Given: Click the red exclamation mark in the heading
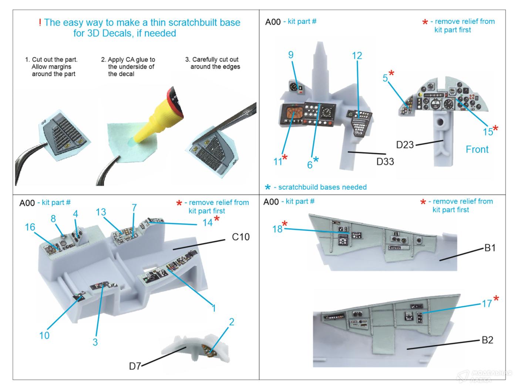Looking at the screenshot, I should click(40, 23).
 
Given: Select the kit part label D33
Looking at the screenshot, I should click(385, 162).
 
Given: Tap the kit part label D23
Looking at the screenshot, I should click(405, 144).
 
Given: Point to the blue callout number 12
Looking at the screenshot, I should click(357, 56).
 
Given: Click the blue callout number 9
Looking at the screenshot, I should click(291, 55).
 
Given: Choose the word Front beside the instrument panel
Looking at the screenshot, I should click(477, 149).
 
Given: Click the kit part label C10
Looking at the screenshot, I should click(240, 237).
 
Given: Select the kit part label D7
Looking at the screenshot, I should click(135, 366).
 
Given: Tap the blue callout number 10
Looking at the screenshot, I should click(44, 335).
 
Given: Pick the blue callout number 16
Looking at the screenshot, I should click(30, 227).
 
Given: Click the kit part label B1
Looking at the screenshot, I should click(490, 248).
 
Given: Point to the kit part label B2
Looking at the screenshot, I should click(487, 340).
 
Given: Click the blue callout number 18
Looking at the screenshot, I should click(277, 229).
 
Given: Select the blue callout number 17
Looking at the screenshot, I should click(487, 304).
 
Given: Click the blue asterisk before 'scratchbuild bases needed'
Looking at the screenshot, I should click(268, 187).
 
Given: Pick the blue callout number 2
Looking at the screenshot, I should click(232, 322).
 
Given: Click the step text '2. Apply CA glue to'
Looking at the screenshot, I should click(128, 60).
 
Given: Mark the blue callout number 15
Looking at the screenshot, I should click(488, 132).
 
